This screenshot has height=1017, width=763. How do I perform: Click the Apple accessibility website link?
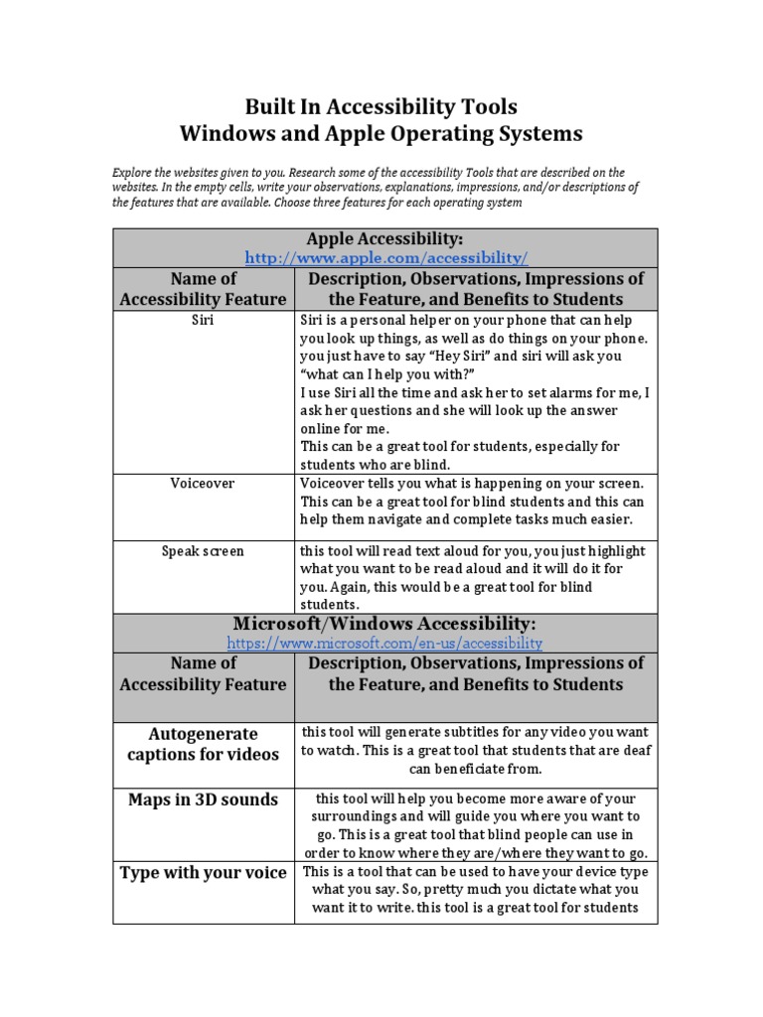pyautogui.click(x=385, y=257)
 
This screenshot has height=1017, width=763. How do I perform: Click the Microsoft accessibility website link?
pyautogui.click(x=384, y=643)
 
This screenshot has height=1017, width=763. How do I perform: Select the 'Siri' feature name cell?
pyautogui.click(x=203, y=322)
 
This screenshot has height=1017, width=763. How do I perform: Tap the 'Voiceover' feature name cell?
pyautogui.click(x=203, y=484)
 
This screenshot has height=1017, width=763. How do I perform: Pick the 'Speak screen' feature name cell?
pyautogui.click(x=203, y=550)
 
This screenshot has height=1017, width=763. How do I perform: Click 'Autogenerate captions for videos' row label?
pyautogui.click(x=203, y=744)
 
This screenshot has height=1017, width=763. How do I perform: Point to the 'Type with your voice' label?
pyautogui.click(x=203, y=873)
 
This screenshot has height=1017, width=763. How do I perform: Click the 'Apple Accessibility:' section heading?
pyautogui.click(x=385, y=238)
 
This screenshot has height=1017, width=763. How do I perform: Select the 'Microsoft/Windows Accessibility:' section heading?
pyautogui.click(x=384, y=624)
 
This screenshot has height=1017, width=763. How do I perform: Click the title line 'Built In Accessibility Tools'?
pyautogui.click(x=381, y=106)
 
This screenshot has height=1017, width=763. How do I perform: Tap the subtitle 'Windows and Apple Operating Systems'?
pyautogui.click(x=381, y=133)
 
